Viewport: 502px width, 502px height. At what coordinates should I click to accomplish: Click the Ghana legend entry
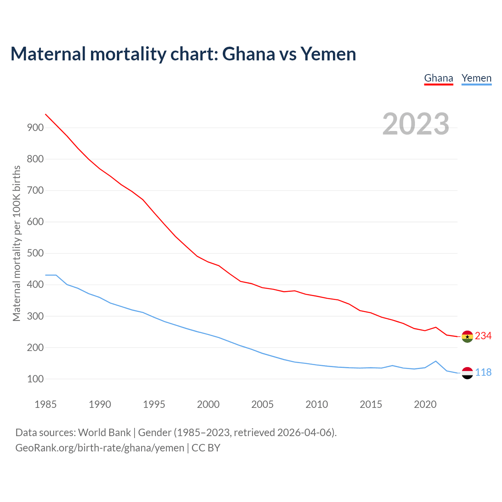[438, 78]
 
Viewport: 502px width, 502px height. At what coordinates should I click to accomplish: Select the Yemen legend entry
[477, 78]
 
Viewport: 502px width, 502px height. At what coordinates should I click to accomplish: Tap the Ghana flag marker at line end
[467, 336]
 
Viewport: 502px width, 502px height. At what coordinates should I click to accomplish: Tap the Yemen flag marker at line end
[467, 373]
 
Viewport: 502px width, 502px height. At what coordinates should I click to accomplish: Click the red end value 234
[483, 336]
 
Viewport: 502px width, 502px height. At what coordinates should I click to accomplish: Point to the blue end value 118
[484, 373]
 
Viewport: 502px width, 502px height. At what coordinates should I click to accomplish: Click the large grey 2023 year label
[416, 124]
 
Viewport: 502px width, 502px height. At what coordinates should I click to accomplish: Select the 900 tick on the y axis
[35, 127]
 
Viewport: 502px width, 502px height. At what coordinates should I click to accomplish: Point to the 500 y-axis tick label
[35, 253]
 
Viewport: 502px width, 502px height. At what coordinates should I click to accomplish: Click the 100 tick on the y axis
[35, 379]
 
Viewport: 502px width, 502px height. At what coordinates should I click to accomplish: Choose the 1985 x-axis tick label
[45, 404]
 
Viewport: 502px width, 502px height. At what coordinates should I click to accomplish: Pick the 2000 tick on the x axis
[208, 404]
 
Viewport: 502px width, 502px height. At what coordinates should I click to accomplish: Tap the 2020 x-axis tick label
[425, 404]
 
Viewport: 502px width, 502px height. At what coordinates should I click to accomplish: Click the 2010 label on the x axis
[316, 404]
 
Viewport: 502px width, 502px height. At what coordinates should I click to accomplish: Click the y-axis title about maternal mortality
[16, 243]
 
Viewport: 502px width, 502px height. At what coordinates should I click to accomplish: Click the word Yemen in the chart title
[328, 54]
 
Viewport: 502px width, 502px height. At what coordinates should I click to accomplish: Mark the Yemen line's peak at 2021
[436, 361]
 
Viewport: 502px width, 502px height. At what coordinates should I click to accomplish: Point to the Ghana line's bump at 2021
[436, 327]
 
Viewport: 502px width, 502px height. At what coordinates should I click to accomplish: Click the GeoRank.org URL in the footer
[100, 448]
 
